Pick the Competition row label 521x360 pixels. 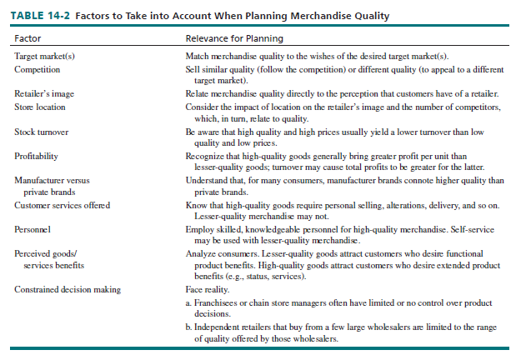(38, 68)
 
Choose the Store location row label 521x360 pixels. (40, 107)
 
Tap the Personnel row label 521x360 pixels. (33, 227)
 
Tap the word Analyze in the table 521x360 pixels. (200, 252)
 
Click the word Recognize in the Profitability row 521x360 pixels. (204, 156)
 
